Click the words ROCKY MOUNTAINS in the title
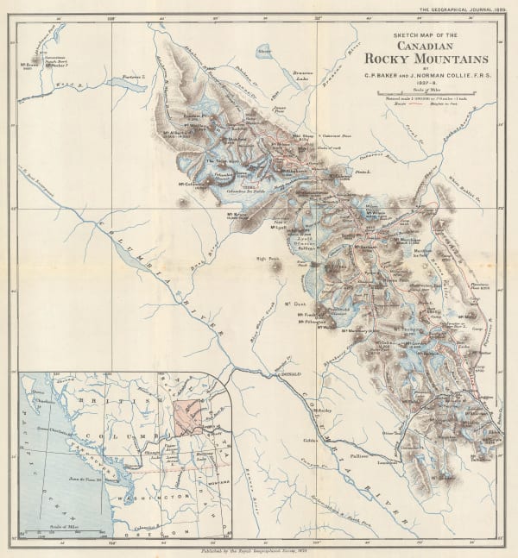point(430,59)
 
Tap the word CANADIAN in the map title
point(429,45)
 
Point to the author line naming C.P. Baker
point(429,73)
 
